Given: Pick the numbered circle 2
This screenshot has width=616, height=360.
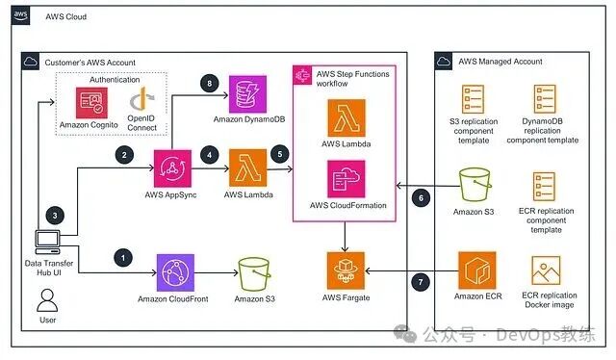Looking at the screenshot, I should coord(121,153).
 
